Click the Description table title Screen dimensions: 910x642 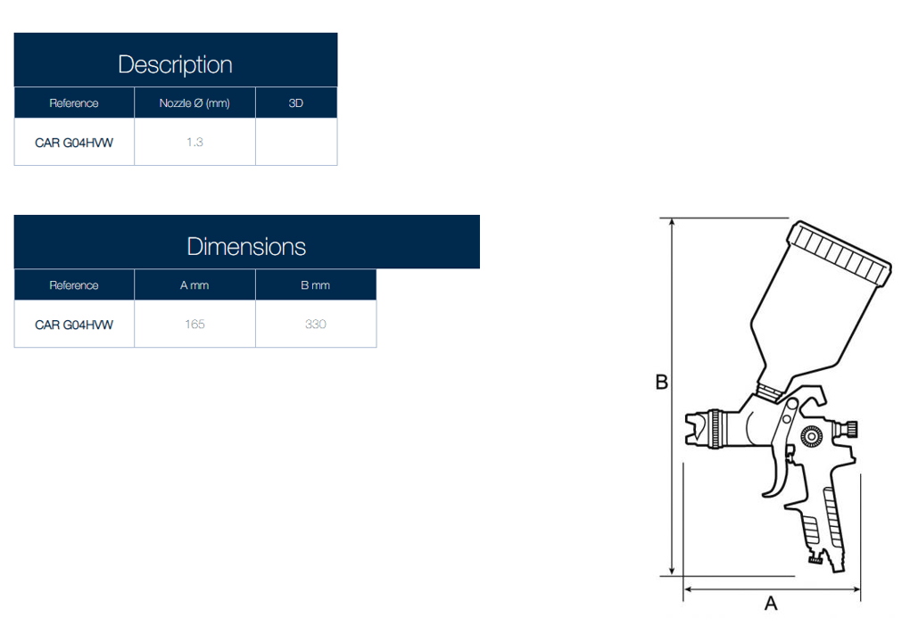(x=175, y=64)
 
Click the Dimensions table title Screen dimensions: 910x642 (x=246, y=246)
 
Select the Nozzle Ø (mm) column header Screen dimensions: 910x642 (x=194, y=103)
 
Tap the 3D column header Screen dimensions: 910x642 (x=296, y=103)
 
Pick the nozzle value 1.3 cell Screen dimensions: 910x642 (x=194, y=142)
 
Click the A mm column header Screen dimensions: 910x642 (x=194, y=285)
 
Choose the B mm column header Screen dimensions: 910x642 (x=315, y=285)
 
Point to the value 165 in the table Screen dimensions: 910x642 (x=194, y=325)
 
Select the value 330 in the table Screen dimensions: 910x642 (x=315, y=325)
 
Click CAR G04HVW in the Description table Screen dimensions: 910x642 (x=74, y=143)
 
